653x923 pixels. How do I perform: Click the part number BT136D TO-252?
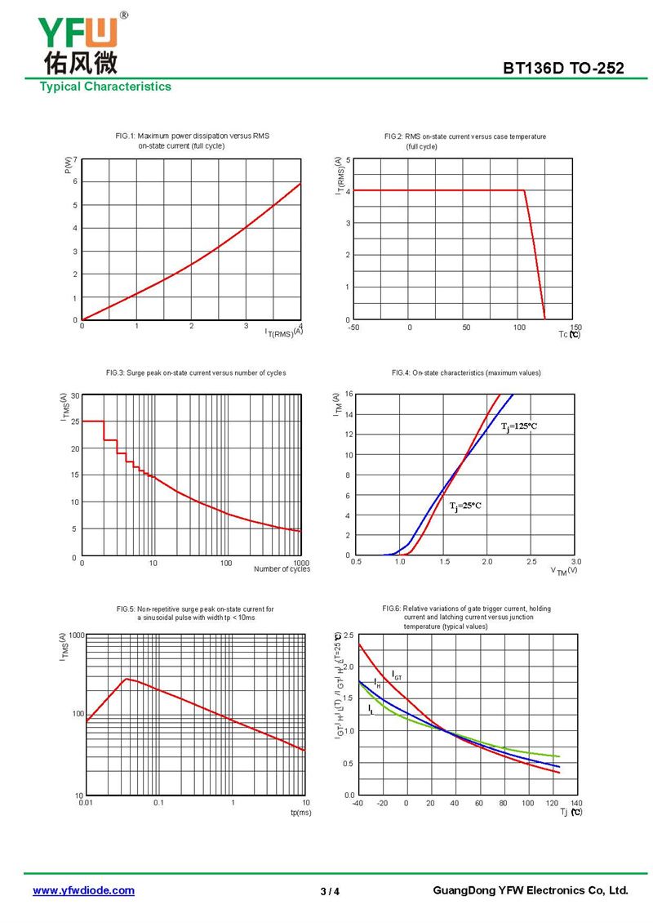563,69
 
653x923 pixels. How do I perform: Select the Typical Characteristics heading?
105,87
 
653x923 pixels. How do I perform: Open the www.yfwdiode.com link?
83,890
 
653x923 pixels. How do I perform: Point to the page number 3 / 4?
330,891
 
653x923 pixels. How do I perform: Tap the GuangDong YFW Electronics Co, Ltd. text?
530,890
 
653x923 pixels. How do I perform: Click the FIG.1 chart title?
193,140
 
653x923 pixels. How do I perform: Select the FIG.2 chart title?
465,141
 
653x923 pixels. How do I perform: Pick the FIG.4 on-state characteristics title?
466,373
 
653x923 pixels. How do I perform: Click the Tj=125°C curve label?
519,426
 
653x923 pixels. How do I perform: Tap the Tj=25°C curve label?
465,506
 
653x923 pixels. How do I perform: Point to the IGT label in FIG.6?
397,676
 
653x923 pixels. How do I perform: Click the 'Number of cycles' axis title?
282,569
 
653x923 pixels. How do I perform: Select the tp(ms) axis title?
300,813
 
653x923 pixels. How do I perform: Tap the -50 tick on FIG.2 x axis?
353,328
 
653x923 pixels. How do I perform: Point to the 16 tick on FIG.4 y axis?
347,395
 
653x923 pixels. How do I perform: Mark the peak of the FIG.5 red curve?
126,678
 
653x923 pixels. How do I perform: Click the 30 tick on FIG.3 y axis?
74,396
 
